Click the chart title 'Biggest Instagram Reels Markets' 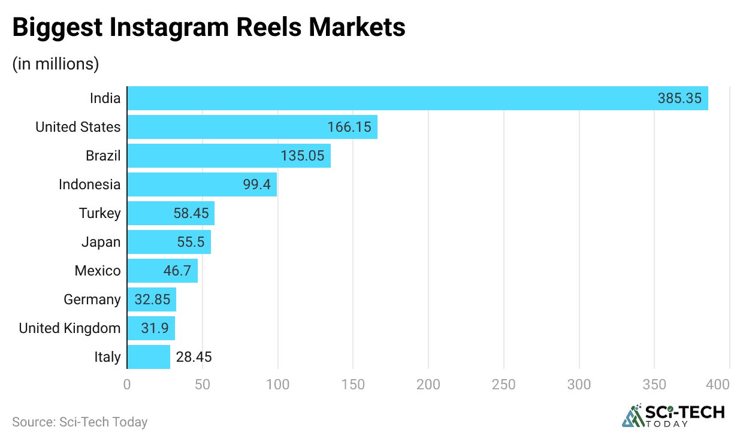coord(209,28)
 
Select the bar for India coord(418,98)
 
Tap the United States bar coord(252,127)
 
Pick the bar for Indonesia coord(202,184)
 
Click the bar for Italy coord(149,357)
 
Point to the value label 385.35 coord(679,98)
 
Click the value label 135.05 coord(302,156)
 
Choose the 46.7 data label coord(177,271)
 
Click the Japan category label coord(101,242)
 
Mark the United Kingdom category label coord(70,328)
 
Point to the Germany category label coord(92,299)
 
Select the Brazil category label coord(102,156)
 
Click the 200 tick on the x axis coord(428,385)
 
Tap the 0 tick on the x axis coord(127,385)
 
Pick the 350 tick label coord(654,385)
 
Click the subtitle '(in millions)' coord(56,63)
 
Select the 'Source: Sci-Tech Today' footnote coord(80,422)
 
